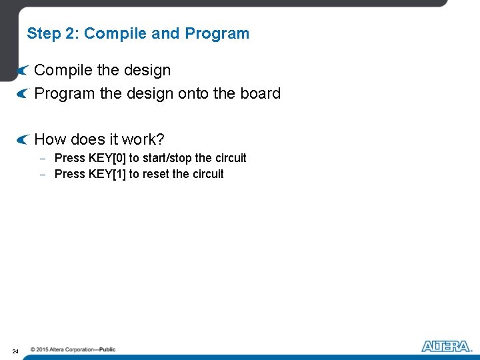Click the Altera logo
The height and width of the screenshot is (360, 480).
tap(447, 346)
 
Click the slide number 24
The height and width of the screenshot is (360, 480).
tap(15, 351)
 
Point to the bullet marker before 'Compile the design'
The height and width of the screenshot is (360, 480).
tap(23, 70)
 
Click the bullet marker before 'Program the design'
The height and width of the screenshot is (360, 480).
tap(23, 93)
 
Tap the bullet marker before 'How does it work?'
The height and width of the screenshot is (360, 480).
tap(23, 139)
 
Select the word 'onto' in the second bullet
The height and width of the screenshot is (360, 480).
tap(193, 93)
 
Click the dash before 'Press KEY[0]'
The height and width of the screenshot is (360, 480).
tap(42, 159)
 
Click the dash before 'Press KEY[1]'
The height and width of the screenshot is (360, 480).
tap(42, 175)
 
